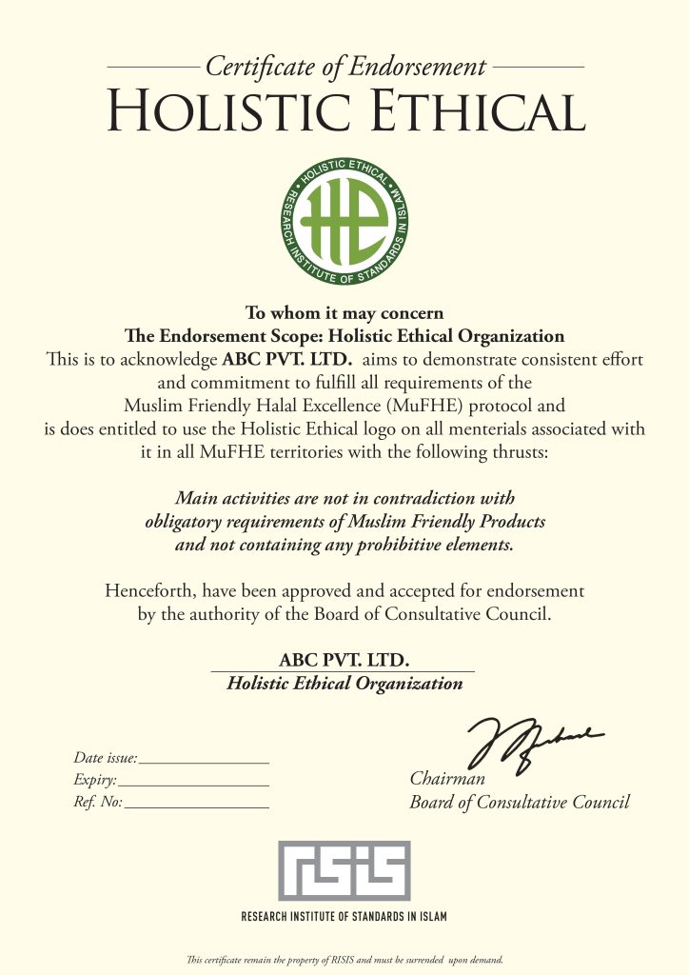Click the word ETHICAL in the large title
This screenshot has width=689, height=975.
pyautogui.click(x=463, y=110)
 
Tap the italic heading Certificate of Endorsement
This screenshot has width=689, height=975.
pyautogui.click(x=345, y=68)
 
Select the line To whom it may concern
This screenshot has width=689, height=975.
pyautogui.click(x=344, y=312)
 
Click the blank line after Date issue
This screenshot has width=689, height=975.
pyautogui.click(x=204, y=762)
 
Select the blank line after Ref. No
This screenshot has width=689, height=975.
pyautogui.click(x=197, y=806)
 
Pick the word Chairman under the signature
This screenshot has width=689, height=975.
pyautogui.click(x=447, y=780)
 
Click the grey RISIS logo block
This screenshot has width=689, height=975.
pyautogui.click(x=344, y=870)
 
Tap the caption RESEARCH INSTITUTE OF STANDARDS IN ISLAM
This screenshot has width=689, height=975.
pyautogui.click(x=344, y=917)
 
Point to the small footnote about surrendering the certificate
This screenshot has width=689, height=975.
pyautogui.click(x=344, y=959)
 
